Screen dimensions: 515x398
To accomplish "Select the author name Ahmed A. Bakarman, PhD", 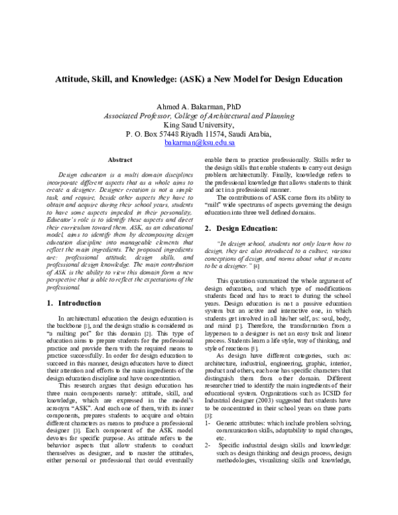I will tap(198, 106).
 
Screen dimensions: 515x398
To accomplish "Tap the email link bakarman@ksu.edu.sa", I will tap(199, 143).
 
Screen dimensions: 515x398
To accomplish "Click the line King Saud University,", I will tap(198, 124).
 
